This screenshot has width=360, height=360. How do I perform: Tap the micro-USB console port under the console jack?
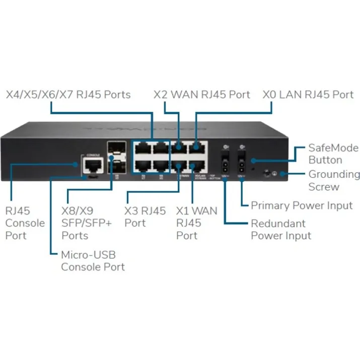click(x=92, y=177)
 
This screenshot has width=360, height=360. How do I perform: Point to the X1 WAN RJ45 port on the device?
click(x=196, y=165)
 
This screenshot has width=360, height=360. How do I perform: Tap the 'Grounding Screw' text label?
click(x=334, y=180)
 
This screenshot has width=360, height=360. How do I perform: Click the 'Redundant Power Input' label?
click(x=281, y=229)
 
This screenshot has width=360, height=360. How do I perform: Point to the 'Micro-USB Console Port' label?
click(x=93, y=260)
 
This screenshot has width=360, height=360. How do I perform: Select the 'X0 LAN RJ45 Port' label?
click(x=308, y=94)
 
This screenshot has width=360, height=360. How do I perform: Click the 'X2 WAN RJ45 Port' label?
click(x=201, y=94)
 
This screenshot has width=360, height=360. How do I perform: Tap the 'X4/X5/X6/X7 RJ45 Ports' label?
click(x=68, y=94)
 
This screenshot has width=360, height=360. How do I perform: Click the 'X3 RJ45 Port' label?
click(x=145, y=217)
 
